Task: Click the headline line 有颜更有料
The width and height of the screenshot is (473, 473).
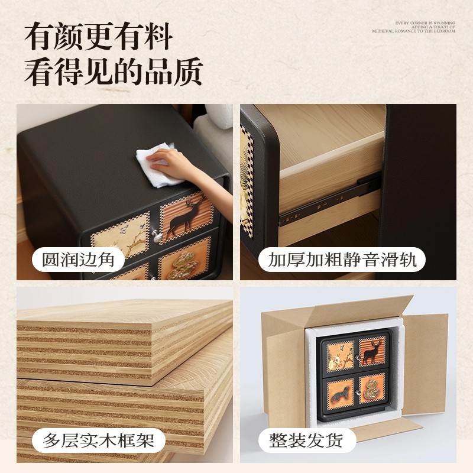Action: (x=98, y=37)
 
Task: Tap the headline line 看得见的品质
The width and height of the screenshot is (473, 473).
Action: (x=113, y=72)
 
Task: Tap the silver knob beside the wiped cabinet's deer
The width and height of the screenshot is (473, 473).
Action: (x=157, y=237)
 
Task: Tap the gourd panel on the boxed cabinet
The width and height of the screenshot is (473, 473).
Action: (x=370, y=388)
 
